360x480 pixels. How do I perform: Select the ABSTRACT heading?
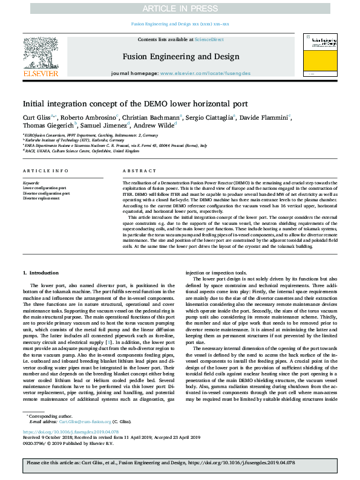click(135, 171)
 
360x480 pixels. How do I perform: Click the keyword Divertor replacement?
click(42, 198)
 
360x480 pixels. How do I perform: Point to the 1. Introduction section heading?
click(41, 274)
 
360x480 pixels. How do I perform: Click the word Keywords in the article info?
click(31, 183)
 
